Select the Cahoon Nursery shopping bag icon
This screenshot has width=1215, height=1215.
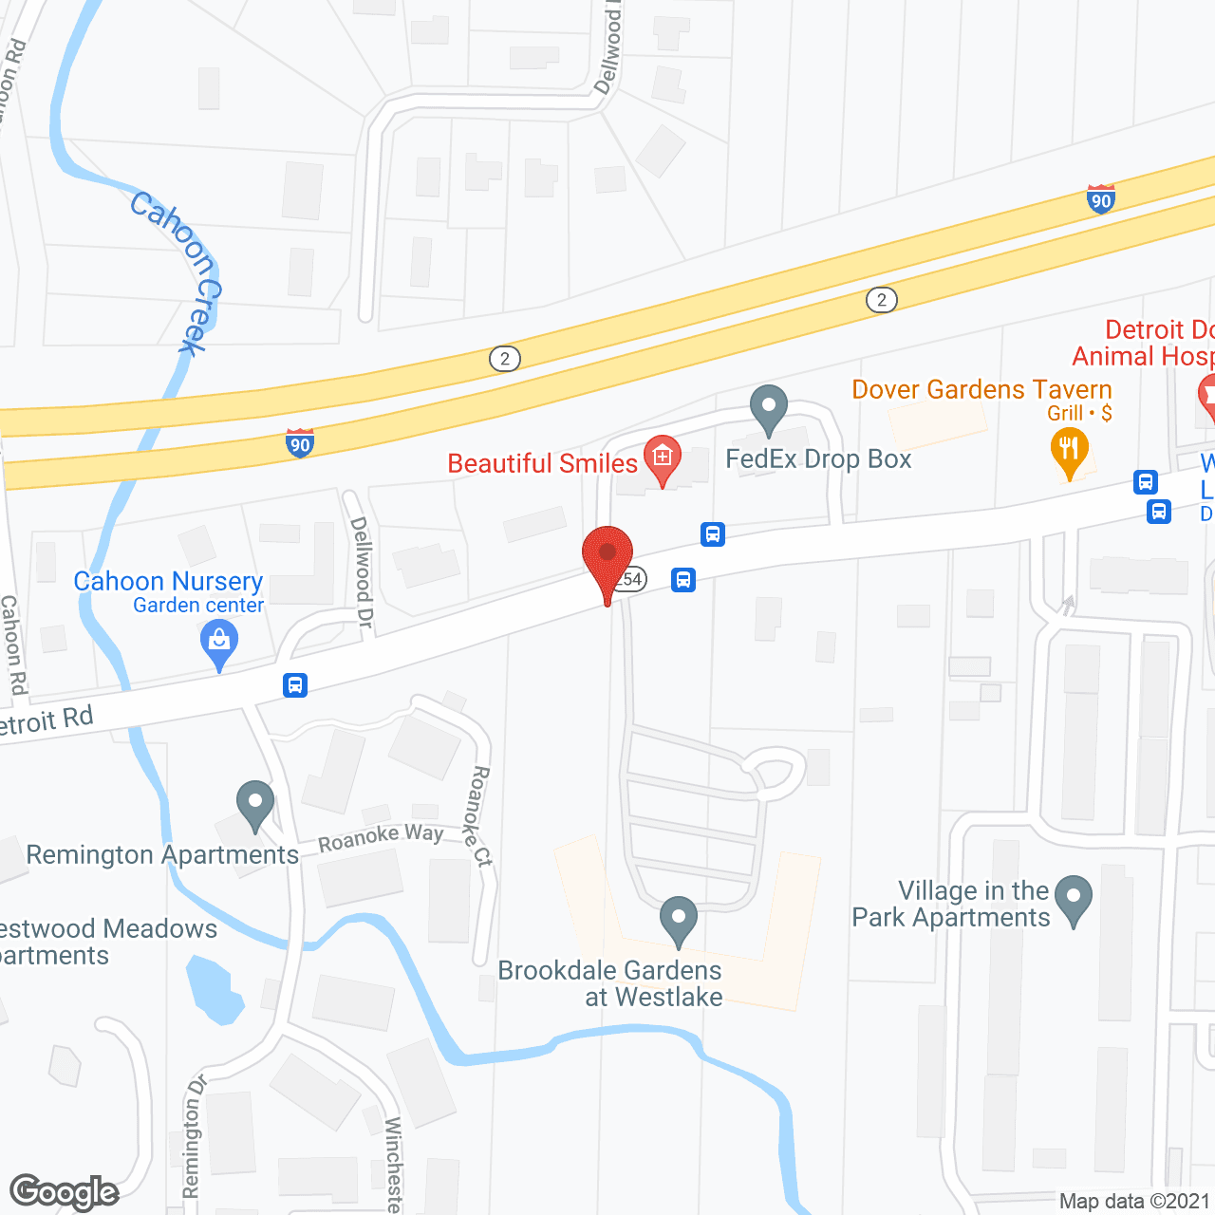pos(219,643)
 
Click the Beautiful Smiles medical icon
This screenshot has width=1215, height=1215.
pos(663,458)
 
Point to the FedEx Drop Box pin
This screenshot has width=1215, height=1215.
pos(769,409)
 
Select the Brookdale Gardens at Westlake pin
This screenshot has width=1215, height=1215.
pos(679,920)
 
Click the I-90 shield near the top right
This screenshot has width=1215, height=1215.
pos(1101,199)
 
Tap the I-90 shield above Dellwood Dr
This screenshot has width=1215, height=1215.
pos(300,442)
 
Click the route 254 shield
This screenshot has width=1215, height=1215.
pos(630,579)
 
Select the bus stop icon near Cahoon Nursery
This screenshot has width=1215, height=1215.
pos(295,684)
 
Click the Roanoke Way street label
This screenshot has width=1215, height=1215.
pos(380,837)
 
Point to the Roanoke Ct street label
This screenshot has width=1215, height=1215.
pos(478,815)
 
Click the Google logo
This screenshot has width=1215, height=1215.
pos(65,1192)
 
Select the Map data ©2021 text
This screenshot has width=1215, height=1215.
pos(1134,1201)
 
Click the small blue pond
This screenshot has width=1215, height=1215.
pos(215,990)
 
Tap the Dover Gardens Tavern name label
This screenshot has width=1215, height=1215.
pos(981,389)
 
